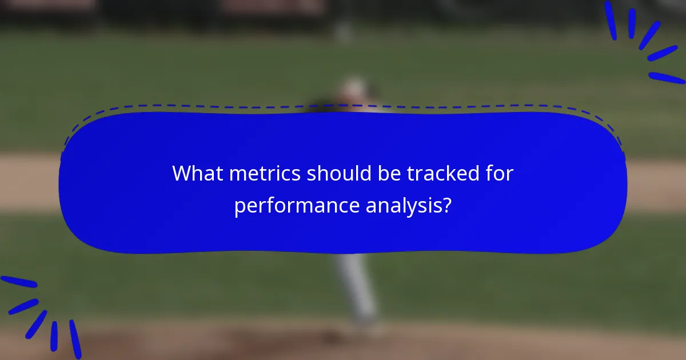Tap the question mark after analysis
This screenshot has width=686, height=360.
446,205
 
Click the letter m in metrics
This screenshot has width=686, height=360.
238,174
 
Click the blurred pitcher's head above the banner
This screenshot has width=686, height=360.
353,89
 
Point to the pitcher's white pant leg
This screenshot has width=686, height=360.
357,286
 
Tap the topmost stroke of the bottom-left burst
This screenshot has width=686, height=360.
18,282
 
